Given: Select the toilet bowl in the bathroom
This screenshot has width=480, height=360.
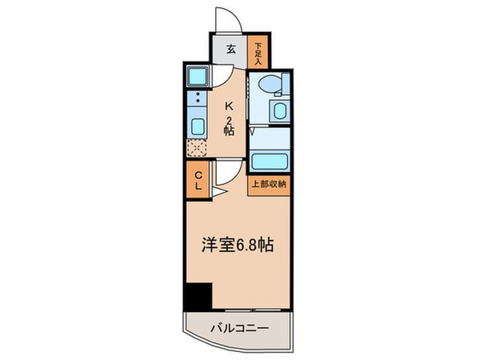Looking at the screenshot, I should [270, 84].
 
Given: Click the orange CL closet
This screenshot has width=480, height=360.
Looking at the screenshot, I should [197, 181].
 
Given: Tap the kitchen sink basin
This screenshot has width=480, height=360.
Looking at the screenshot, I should [197, 126].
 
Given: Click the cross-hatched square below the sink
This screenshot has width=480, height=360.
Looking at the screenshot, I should [196, 146].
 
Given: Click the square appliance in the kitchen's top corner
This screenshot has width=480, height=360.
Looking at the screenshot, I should [197, 78].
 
